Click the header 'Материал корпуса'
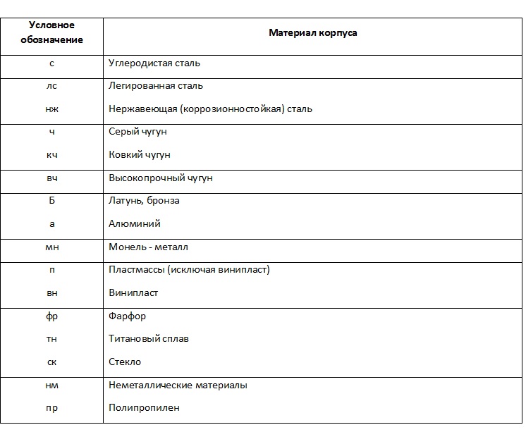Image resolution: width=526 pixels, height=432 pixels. point(312,33)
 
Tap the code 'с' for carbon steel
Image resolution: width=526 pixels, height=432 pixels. point(51,63)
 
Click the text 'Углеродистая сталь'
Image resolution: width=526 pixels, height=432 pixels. point(154,63)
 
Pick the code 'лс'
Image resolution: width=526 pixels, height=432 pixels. point(51,86)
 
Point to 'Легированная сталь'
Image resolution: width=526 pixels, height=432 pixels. point(156,86)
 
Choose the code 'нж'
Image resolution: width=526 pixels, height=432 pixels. point(51,109)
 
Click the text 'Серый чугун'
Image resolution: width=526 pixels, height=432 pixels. point(138,132)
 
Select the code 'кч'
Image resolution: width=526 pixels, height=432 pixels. point(51,155)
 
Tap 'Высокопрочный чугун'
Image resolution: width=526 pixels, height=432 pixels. point(161,178)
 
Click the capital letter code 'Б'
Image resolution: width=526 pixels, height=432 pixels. point(51,201)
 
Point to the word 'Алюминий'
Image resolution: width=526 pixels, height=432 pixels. point(135,224)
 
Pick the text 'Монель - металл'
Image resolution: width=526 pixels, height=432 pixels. point(148,247)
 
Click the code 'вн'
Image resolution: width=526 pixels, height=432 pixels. point(51,293)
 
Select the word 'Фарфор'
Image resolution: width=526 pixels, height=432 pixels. point(128,316)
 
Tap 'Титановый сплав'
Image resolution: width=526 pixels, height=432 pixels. point(149,339)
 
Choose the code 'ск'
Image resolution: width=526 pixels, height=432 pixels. point(51,362)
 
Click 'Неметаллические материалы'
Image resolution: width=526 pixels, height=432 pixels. point(178,385)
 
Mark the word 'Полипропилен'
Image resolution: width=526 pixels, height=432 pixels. point(144,408)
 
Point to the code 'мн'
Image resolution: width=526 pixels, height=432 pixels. point(51,247)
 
